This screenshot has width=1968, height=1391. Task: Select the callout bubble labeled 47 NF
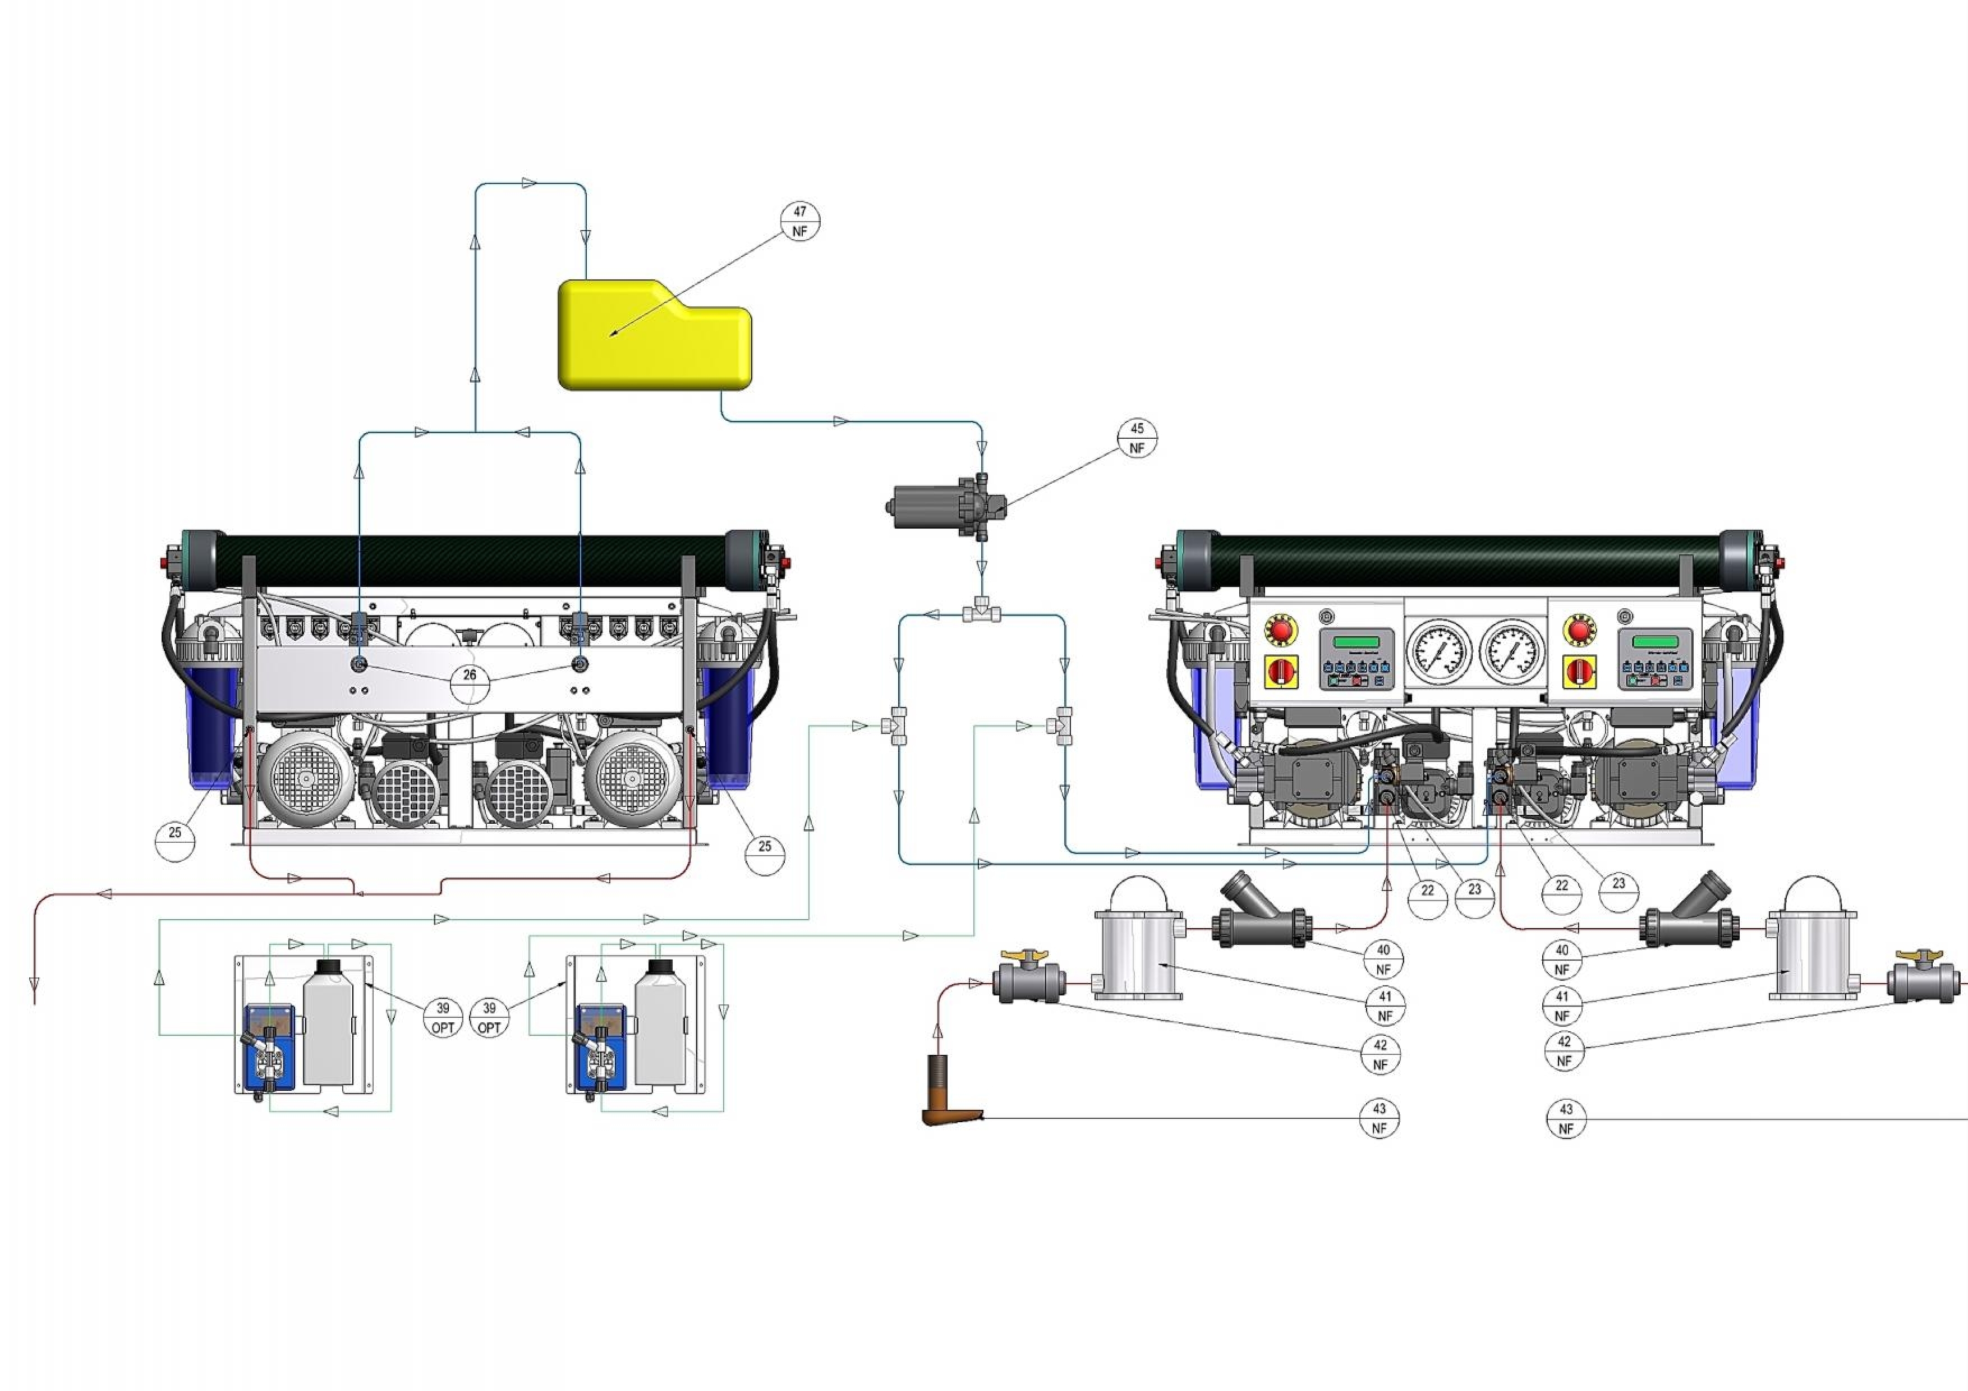pyautogui.click(x=800, y=221)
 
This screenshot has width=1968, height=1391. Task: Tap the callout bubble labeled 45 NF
pyautogui.click(x=1137, y=438)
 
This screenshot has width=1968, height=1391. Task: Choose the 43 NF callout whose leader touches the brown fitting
pyautogui.click(x=1378, y=1118)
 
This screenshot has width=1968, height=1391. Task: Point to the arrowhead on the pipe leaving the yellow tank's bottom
pyautogui.click(x=841, y=421)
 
